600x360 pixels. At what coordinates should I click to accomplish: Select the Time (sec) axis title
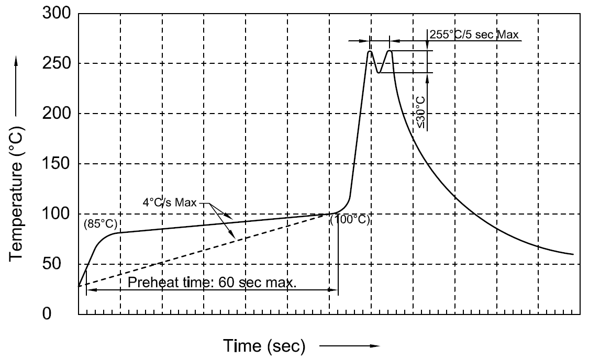(x=264, y=346)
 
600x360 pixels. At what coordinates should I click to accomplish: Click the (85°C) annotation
(x=100, y=224)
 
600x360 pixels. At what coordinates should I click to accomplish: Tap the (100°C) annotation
(x=350, y=220)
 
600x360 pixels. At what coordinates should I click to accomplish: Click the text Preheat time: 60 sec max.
(x=213, y=283)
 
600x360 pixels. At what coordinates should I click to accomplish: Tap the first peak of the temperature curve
(x=370, y=51)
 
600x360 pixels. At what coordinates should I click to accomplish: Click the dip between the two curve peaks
(x=379, y=72)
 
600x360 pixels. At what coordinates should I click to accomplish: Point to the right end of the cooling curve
(x=573, y=254)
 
